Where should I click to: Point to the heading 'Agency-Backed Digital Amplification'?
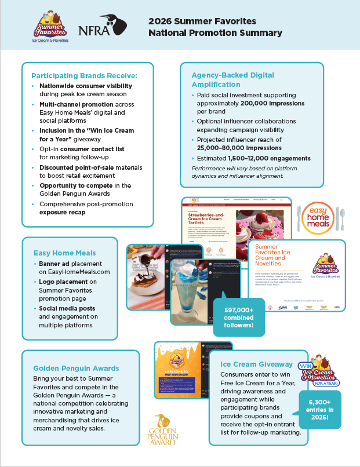tap(233, 79)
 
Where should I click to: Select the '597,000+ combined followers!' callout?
tap(239, 316)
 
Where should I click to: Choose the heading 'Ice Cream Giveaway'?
tap(256, 364)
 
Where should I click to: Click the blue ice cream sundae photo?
tap(190, 295)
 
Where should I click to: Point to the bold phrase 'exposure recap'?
tap(63, 213)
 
